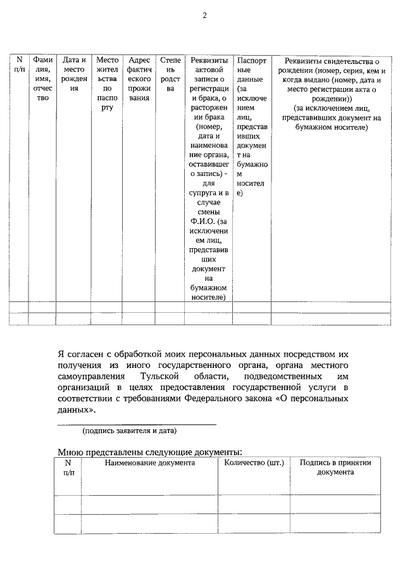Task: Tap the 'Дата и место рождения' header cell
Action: [74, 75]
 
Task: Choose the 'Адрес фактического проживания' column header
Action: [139, 79]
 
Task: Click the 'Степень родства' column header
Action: [170, 75]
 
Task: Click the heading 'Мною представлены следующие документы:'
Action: [149, 452]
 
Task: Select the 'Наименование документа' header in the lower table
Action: [149, 463]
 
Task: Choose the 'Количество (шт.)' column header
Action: [254, 463]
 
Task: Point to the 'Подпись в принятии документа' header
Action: [335, 467]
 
